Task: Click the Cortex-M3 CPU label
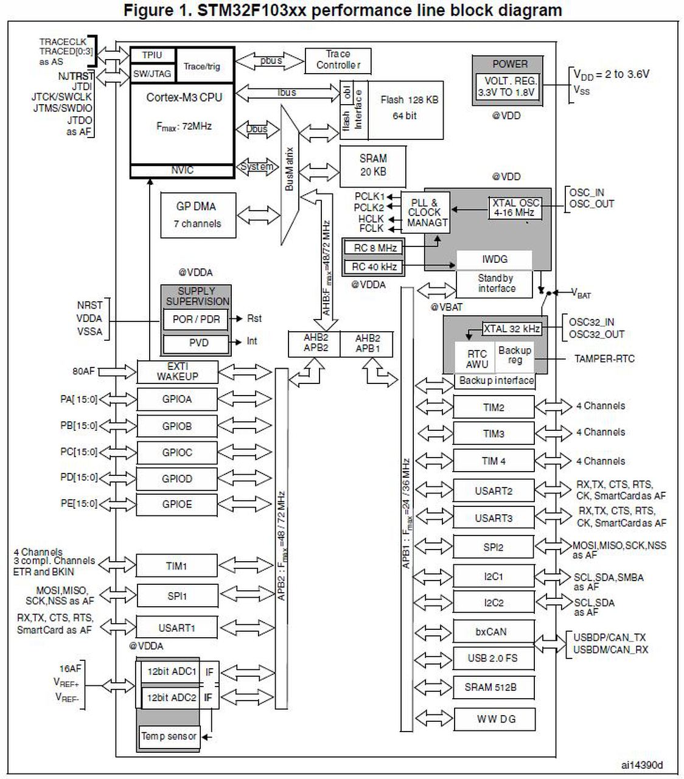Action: coord(184,97)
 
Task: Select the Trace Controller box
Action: coord(338,60)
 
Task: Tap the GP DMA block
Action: coord(196,215)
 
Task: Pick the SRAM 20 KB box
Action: coord(372,165)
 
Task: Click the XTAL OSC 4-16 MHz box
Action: coord(514,208)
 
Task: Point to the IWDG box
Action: coord(494,259)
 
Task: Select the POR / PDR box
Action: coord(195,319)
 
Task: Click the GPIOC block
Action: coord(176,452)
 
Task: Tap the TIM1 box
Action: coord(176,566)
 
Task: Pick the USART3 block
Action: coord(493,518)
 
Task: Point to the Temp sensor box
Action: coord(169,736)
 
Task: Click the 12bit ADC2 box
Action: coord(171,698)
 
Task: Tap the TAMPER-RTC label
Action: coord(604,358)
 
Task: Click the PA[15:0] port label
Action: coord(79,400)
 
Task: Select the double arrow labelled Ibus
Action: coord(287,93)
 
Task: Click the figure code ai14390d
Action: coord(642,765)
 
